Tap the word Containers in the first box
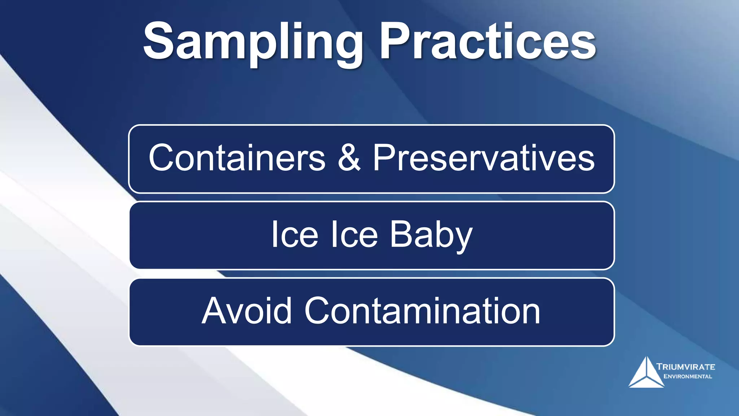(x=237, y=158)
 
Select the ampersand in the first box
(x=349, y=158)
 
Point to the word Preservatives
(x=484, y=158)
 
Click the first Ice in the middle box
(x=294, y=235)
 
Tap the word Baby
(x=431, y=235)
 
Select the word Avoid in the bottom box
(x=246, y=311)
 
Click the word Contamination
(x=422, y=311)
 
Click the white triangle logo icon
(x=646, y=374)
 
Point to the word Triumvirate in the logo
(x=686, y=367)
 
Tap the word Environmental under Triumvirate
(x=688, y=376)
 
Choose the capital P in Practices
(x=393, y=40)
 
